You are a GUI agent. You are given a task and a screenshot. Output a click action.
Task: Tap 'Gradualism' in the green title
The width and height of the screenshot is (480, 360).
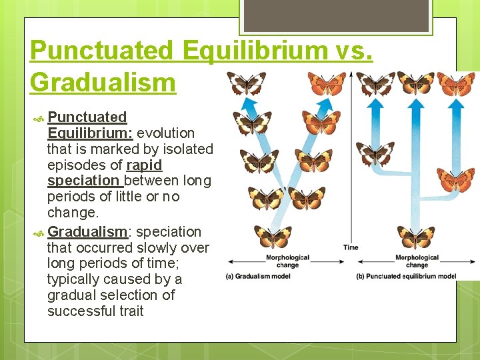coord(103,83)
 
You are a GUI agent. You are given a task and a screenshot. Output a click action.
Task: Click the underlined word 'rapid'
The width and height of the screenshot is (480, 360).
coord(144,165)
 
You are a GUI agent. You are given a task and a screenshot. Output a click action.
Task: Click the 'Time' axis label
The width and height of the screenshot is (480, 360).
coord(351,247)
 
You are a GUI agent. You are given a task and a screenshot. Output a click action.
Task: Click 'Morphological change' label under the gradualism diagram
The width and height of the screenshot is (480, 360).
coord(287,261)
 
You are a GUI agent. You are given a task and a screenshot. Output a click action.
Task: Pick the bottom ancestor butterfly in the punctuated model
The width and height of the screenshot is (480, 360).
coord(416,237)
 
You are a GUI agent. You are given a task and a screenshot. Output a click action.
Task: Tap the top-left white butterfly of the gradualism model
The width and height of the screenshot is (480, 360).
coord(246,83)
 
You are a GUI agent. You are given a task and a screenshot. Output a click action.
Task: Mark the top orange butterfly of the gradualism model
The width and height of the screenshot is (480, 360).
coord(327,83)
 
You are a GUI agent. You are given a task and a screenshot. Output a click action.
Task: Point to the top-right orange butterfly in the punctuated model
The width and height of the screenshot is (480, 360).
coord(456,84)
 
